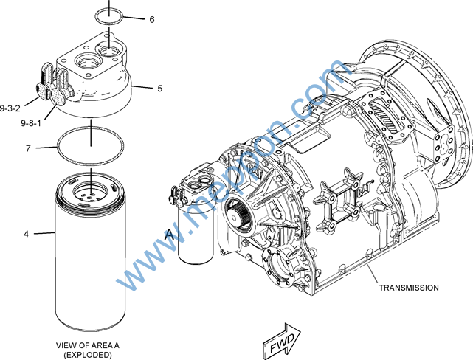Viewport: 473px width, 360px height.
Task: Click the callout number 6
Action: [x=151, y=20]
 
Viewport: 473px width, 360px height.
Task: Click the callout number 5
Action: [x=159, y=89]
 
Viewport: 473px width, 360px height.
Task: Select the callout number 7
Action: [x=28, y=148]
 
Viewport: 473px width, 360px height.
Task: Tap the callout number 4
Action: [x=26, y=234]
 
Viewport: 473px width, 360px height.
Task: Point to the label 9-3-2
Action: [x=11, y=108]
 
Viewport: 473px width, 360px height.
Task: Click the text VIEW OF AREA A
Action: [x=88, y=345]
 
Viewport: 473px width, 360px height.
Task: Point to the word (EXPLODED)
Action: [x=88, y=355]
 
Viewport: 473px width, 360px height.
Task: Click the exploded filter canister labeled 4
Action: [x=89, y=258]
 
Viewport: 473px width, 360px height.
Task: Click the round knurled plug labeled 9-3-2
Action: [x=42, y=90]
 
